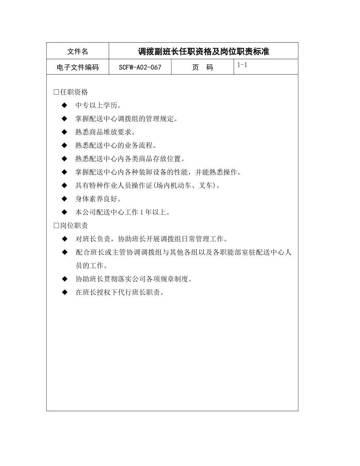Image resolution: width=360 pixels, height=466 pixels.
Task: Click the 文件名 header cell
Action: [x=77, y=52]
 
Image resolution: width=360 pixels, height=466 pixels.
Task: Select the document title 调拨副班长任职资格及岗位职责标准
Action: [x=203, y=52]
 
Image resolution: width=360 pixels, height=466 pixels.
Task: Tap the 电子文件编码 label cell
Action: [x=77, y=67]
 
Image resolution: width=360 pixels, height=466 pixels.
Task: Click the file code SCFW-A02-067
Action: [x=140, y=67]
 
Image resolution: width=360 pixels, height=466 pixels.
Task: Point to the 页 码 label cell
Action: [x=202, y=67]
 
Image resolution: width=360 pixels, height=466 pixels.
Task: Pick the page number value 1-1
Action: [x=242, y=65]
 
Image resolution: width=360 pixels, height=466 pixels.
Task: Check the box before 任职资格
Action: [x=56, y=92]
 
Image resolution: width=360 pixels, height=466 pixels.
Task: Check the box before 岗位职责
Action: [x=56, y=226]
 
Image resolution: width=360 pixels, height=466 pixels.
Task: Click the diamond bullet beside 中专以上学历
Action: [x=64, y=105]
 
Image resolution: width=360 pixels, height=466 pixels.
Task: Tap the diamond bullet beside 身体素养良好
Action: [x=64, y=199]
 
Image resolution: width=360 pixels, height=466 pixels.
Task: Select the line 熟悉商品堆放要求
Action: [x=105, y=132]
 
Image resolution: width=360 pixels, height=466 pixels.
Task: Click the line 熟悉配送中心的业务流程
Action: [x=116, y=145]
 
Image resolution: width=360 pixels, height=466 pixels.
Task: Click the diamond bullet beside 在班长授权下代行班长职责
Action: [x=64, y=292]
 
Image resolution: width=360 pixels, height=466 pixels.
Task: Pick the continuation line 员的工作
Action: [x=91, y=266]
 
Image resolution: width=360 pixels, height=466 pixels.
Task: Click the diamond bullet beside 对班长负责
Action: [x=64, y=239]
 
